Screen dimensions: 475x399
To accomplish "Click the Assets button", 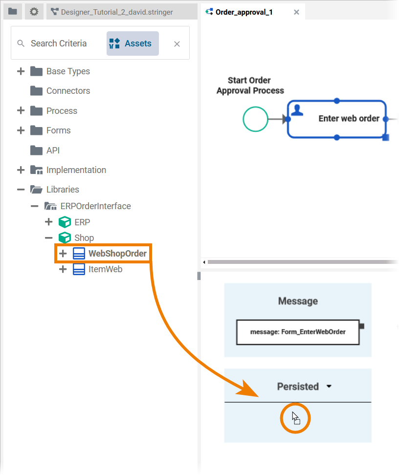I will point(133,43).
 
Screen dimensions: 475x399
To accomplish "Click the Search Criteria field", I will point(59,43).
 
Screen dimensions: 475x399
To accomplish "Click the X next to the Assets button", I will point(177,44).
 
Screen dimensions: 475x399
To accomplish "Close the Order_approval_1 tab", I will point(296,12).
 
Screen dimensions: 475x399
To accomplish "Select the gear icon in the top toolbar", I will point(34,11).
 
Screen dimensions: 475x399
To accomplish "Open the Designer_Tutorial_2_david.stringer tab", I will point(116,12).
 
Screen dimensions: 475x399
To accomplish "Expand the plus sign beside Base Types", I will point(21,71).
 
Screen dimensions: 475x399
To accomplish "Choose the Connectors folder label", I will point(68,91).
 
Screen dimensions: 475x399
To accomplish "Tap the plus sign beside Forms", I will point(21,130).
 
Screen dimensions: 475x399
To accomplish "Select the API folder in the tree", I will point(53,151).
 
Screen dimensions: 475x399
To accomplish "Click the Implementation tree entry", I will point(76,170).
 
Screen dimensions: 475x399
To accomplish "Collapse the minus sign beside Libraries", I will point(21,190).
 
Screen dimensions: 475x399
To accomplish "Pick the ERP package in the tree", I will point(82,222).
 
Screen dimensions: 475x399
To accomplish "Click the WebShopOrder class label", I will point(117,254).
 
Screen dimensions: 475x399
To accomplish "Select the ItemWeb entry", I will point(105,269).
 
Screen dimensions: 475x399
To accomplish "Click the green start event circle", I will point(255,119).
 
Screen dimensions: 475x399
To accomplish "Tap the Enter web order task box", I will point(336,119).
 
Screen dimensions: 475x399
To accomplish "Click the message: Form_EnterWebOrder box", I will point(297,332).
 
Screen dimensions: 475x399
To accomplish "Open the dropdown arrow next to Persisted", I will point(329,387).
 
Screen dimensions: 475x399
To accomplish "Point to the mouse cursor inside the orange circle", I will point(295,418).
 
